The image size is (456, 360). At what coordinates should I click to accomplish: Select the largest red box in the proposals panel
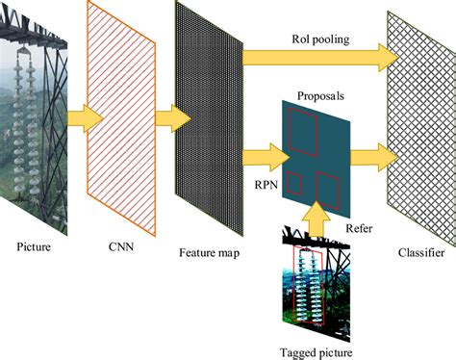point(306,131)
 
